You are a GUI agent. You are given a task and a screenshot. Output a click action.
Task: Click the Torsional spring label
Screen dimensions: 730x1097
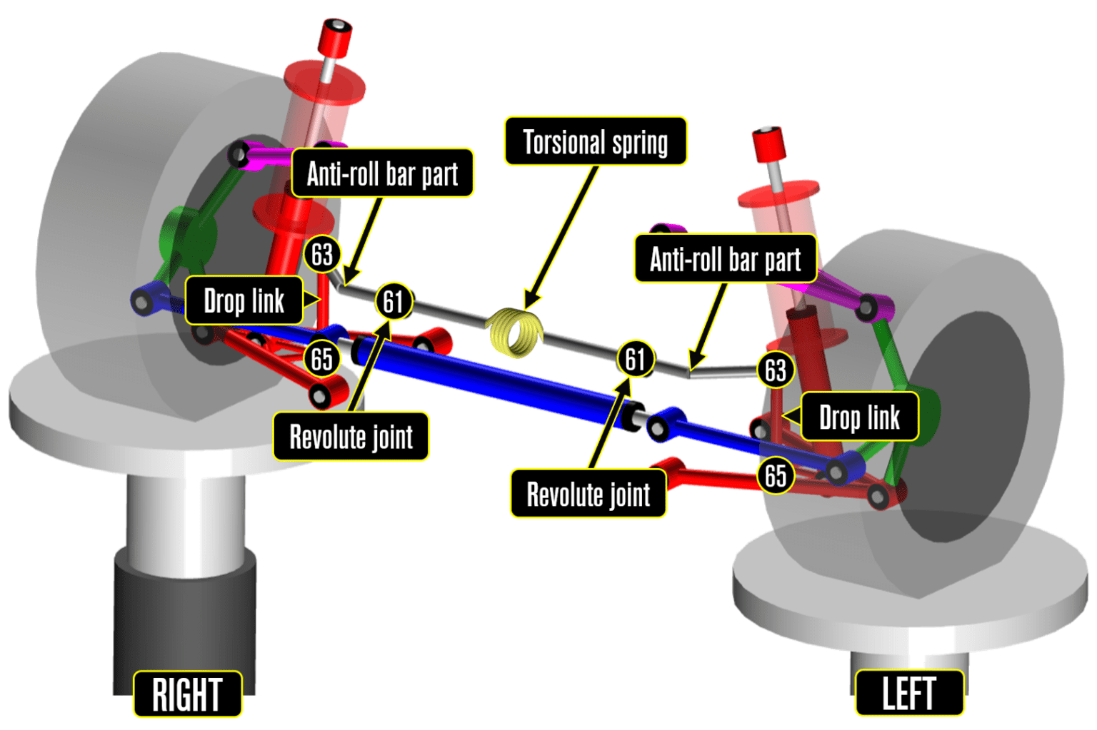pos(595,141)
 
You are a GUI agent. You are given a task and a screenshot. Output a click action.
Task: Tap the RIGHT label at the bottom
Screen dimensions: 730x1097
pos(187,694)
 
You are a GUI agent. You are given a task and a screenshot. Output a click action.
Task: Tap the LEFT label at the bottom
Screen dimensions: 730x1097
pos(908,692)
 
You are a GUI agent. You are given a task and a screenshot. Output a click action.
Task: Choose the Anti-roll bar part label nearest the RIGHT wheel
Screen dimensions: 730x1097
pos(382,173)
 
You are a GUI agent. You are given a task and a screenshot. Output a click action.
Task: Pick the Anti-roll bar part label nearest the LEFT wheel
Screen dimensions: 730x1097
pos(725,258)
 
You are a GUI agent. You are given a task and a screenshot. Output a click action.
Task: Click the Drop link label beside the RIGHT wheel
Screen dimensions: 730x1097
pos(244,300)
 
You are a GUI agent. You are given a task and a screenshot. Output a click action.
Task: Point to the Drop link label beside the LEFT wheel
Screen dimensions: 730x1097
pos(858,417)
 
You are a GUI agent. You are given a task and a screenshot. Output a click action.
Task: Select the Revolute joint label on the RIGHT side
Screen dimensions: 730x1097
pos(351,436)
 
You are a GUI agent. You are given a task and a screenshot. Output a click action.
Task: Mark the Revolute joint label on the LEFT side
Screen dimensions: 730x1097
pos(588,493)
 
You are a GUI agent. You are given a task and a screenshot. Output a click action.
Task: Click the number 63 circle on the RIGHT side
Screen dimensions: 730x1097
pos(321,254)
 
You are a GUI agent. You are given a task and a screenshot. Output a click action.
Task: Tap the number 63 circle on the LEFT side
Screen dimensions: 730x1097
pos(776,370)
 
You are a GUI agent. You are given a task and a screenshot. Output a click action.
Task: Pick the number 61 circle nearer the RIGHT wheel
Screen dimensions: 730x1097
pos(393,301)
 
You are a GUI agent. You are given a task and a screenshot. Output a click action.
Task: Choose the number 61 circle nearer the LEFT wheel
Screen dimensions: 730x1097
pos(635,358)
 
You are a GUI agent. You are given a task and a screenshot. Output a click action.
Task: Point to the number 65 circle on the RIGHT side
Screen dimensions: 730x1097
pos(321,358)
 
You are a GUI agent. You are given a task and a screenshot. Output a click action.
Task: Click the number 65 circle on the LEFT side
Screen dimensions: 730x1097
pos(776,475)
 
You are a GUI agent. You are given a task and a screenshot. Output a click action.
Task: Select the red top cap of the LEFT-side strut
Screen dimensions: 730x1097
pos(768,143)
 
